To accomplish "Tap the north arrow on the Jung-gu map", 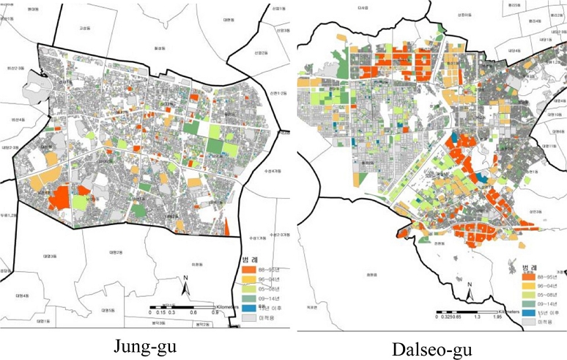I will (x=187, y=287).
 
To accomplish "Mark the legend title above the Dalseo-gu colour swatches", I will (x=530, y=267).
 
